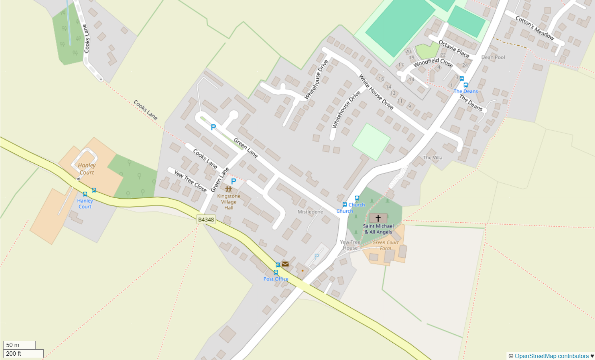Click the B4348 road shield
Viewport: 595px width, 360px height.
[x=206, y=220]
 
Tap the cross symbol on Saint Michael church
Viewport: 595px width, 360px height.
[x=378, y=218]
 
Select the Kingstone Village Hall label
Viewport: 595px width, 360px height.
[x=229, y=202]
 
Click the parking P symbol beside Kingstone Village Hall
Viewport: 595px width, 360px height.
[x=233, y=181]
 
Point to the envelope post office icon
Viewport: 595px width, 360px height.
[x=285, y=264]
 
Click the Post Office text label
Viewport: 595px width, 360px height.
[x=276, y=279]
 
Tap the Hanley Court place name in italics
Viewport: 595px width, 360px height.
[x=87, y=169]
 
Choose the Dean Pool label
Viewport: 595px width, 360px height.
[x=493, y=57]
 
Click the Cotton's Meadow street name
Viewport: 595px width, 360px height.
[x=535, y=28]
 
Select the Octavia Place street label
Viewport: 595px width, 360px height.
[x=454, y=49]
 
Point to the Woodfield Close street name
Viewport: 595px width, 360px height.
[x=433, y=63]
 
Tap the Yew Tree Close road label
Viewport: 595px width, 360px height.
[x=190, y=181]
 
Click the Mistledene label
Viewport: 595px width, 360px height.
[x=310, y=212]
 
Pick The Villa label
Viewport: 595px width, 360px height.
[x=432, y=158]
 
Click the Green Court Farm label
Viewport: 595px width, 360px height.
[x=386, y=245]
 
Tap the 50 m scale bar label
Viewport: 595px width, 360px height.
[x=13, y=345]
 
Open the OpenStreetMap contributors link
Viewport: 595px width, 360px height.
[x=551, y=356]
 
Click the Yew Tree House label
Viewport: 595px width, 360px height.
[x=350, y=245]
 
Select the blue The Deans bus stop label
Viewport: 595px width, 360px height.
[x=466, y=91]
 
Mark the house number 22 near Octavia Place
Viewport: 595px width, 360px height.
[x=443, y=55]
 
